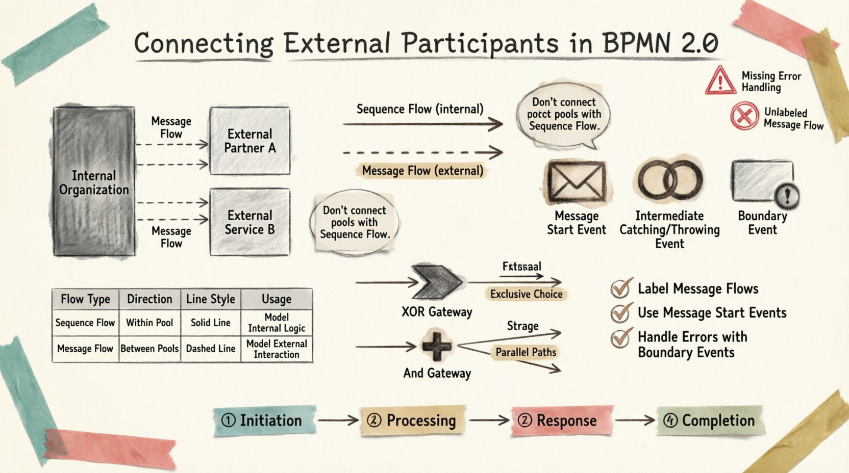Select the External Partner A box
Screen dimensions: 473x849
(249, 141)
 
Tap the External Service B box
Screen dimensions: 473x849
(249, 222)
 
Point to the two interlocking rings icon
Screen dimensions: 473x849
(670, 179)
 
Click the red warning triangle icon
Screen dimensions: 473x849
(720, 81)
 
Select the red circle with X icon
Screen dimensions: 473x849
(744, 116)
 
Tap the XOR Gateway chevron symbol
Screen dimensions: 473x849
(436, 281)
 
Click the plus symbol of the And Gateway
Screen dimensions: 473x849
(437, 346)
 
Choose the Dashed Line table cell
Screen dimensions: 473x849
(210, 349)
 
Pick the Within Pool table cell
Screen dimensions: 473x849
(149, 323)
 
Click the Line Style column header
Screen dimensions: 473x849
(210, 299)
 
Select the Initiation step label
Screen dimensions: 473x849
(264, 421)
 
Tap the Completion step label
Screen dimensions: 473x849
(710, 421)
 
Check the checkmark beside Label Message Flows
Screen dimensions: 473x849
(621, 288)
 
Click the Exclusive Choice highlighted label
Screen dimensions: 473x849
(526, 294)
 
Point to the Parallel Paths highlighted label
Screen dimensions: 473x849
(526, 352)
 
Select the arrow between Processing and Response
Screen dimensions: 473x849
(489, 421)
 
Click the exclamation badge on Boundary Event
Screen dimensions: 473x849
(787, 196)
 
